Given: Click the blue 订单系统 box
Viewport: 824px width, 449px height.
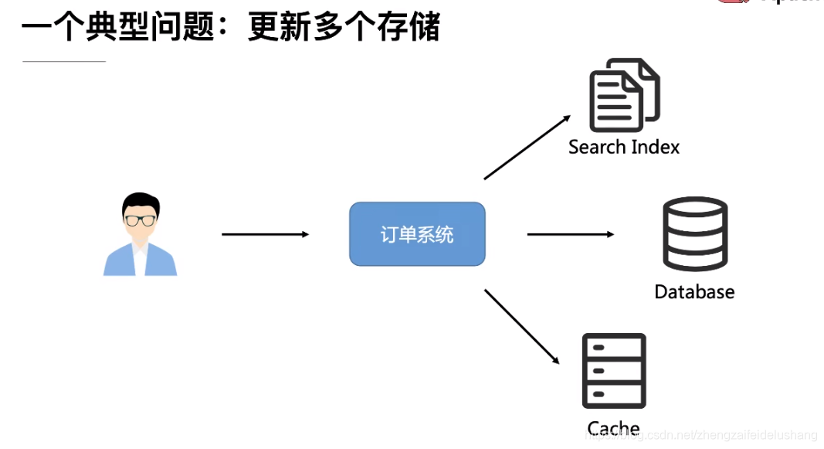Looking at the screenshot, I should click(417, 234).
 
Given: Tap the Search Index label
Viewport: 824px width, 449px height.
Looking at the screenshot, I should click(624, 147).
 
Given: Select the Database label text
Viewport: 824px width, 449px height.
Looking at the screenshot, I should click(694, 291).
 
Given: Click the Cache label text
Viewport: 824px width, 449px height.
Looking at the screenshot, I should click(613, 428).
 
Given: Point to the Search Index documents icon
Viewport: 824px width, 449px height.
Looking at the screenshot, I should click(624, 96).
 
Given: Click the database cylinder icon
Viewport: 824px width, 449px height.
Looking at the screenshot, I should click(695, 234).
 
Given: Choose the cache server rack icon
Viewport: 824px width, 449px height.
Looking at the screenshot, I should click(614, 371).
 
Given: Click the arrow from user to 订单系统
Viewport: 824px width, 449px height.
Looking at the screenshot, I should click(265, 234).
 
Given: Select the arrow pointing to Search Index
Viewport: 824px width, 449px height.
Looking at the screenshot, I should click(527, 148).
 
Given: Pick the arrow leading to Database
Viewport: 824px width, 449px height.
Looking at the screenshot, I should click(570, 234).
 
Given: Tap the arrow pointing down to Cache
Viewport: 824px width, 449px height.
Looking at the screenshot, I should click(521, 325).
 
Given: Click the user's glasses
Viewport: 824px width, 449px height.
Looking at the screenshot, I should click(141, 219).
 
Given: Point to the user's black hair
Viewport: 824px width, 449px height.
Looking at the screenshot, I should click(141, 202).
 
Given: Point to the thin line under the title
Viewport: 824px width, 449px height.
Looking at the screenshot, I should click(64, 61).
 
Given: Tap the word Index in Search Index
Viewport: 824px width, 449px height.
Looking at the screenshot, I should click(655, 147).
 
